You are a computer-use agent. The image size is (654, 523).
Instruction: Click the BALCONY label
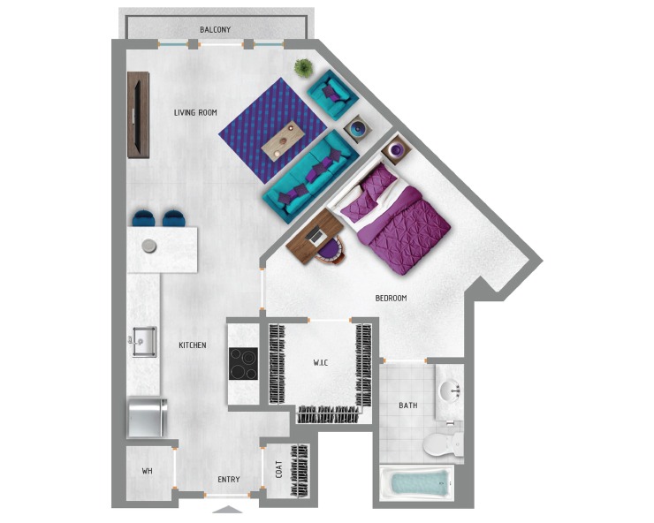216,29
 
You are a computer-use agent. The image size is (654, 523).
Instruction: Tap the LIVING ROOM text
195,112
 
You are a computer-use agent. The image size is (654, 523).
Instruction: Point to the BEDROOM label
391,298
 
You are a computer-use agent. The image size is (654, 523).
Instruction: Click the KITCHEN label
192,345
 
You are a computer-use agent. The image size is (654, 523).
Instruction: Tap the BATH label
407,406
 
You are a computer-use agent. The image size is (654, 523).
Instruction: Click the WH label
147,471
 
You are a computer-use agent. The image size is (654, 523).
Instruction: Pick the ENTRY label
228,480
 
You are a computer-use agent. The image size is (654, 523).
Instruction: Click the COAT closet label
278,469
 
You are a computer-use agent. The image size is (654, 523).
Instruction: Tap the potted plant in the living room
303,67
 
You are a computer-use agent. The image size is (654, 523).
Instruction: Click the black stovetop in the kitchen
243,363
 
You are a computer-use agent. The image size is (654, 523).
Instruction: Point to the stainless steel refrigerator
147,418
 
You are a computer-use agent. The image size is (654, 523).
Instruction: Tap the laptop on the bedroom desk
316,236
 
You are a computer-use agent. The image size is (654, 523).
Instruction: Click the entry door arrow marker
228,509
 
